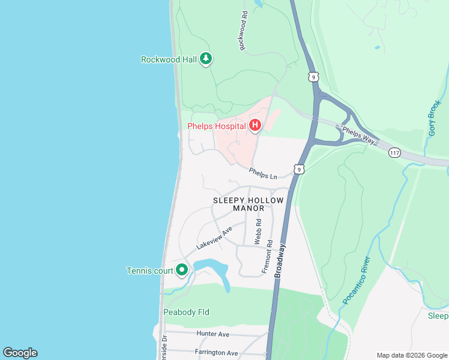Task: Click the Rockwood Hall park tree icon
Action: pyautogui.click(x=206, y=59)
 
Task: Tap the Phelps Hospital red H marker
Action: pyautogui.click(x=255, y=126)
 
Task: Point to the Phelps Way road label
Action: pyautogui.click(x=358, y=134)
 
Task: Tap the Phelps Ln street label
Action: pyautogui.click(x=264, y=173)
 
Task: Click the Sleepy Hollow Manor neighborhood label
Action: pyautogui.click(x=239, y=204)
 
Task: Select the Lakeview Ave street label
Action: pyautogui.click(x=214, y=238)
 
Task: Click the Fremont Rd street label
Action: pyautogui.click(x=268, y=257)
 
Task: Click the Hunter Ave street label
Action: pyautogui.click(x=213, y=334)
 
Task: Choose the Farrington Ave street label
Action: pyautogui.click(x=216, y=353)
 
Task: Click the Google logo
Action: pyautogui.click(x=20, y=353)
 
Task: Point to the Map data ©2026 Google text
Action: pyautogui.click(x=411, y=355)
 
